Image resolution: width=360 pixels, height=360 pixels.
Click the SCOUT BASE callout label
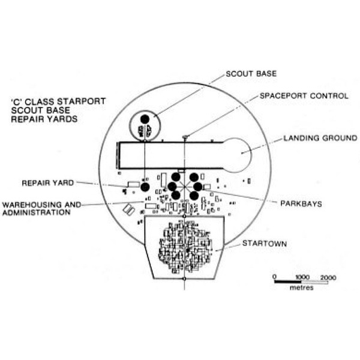pos(251,74)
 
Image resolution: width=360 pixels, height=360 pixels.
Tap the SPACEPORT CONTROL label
pos(304,96)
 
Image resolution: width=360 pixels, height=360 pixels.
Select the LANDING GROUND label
pos(320,138)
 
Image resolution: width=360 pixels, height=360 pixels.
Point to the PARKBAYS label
pos(301,203)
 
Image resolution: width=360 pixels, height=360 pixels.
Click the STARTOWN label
pos(265,244)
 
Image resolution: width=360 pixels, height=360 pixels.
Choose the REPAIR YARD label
pos(48,183)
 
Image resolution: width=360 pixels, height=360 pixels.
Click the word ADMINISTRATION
pos(36,212)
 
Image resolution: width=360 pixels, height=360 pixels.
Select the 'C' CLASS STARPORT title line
pos(58,101)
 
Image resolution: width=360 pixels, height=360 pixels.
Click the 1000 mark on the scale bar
pos(302,277)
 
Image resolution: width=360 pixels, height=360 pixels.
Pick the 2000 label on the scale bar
pos(328,278)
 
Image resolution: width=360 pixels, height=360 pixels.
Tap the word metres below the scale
pos(301,287)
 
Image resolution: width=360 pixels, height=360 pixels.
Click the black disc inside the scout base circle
pos(145,119)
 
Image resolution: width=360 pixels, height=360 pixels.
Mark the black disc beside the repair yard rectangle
pos(145,187)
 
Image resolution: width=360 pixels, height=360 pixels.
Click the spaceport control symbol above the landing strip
pos(185,137)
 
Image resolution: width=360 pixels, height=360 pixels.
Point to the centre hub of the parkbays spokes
pos(185,187)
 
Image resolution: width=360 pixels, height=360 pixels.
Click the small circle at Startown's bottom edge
pos(184,279)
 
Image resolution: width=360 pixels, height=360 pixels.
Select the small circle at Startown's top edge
pos(184,216)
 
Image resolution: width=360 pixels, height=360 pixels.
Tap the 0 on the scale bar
pos(275,277)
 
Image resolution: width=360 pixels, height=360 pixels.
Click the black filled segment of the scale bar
pos(288,282)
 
